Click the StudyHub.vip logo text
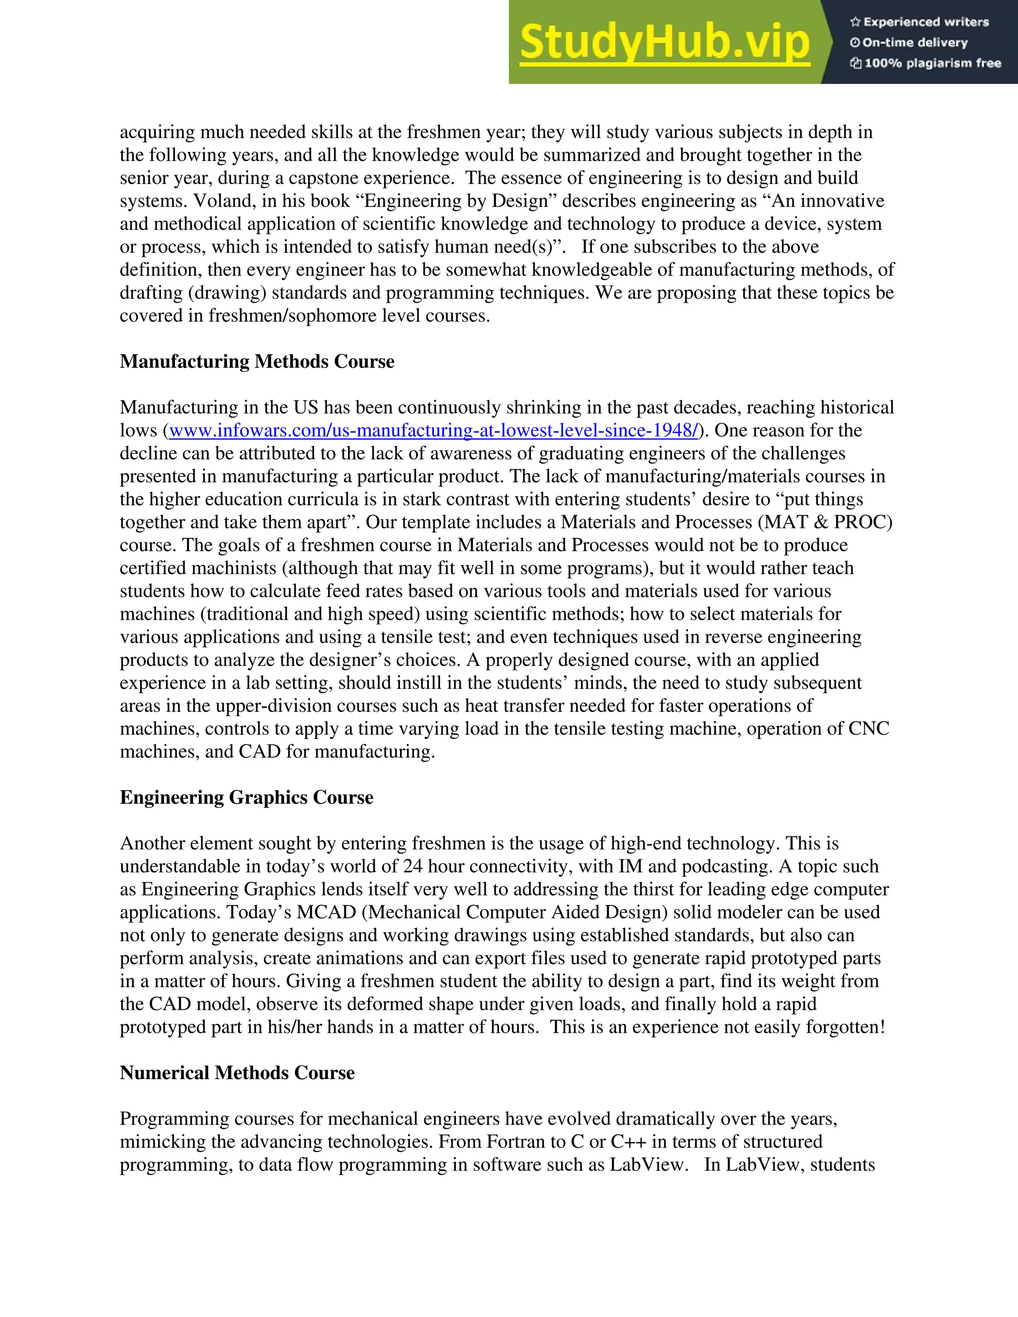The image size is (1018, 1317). (664, 42)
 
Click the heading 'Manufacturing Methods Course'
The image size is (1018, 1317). (257, 361)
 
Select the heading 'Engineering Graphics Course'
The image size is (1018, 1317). (246, 797)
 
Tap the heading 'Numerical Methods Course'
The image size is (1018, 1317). (237, 1073)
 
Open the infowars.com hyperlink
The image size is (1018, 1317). (433, 430)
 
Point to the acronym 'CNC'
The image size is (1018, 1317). (868, 729)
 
